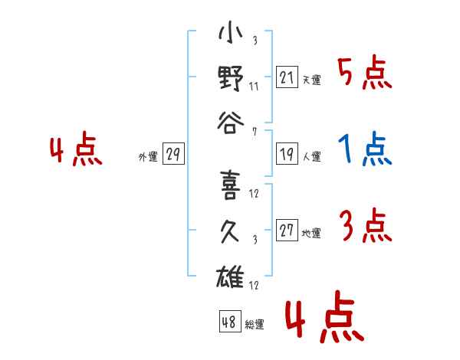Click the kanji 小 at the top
point(231,32)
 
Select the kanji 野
point(231,78)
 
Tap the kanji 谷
point(231,123)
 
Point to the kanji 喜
point(231,185)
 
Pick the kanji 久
point(230,231)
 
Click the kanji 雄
point(230,277)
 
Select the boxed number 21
point(287,77)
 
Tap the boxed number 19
point(287,154)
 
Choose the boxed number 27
point(287,230)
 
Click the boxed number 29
point(173,154)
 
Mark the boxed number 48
point(230,321)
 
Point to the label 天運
point(312,80)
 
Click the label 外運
point(148,156)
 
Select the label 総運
point(255,325)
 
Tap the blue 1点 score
point(365,149)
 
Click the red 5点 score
point(365,73)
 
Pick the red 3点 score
point(366,226)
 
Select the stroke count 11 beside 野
point(254,87)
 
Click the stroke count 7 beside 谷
point(255,132)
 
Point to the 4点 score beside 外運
point(76,149)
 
